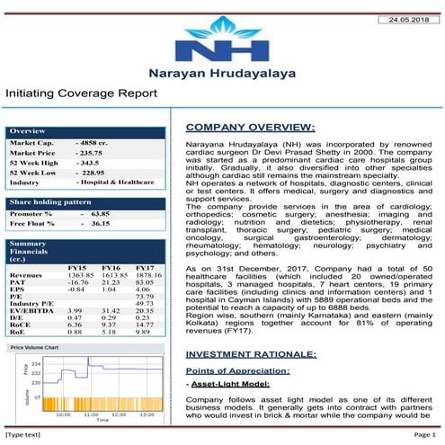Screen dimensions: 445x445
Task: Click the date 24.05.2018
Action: pos(409,19)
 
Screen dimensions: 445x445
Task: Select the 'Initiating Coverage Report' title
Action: pos(82,93)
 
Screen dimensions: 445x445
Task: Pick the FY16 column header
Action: pos(111,268)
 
